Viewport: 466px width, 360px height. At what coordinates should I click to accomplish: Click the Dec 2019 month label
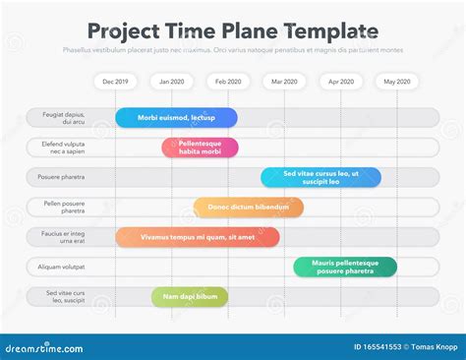(116, 82)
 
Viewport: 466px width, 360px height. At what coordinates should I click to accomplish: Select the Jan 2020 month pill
(172, 82)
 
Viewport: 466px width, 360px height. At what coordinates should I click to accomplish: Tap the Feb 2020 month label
(228, 82)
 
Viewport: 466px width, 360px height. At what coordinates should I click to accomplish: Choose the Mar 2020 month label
(284, 82)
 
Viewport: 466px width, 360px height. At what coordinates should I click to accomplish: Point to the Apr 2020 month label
(341, 82)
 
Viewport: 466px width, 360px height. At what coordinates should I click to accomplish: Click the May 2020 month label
(397, 82)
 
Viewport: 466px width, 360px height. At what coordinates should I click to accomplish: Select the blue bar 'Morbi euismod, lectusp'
(176, 118)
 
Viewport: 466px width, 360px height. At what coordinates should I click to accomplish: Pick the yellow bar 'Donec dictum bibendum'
(248, 208)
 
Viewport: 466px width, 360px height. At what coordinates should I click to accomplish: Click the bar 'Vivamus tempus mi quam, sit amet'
(198, 237)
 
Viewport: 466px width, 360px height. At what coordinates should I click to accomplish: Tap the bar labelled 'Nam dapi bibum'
(190, 296)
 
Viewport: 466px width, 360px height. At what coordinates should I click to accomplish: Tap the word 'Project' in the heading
(124, 31)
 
